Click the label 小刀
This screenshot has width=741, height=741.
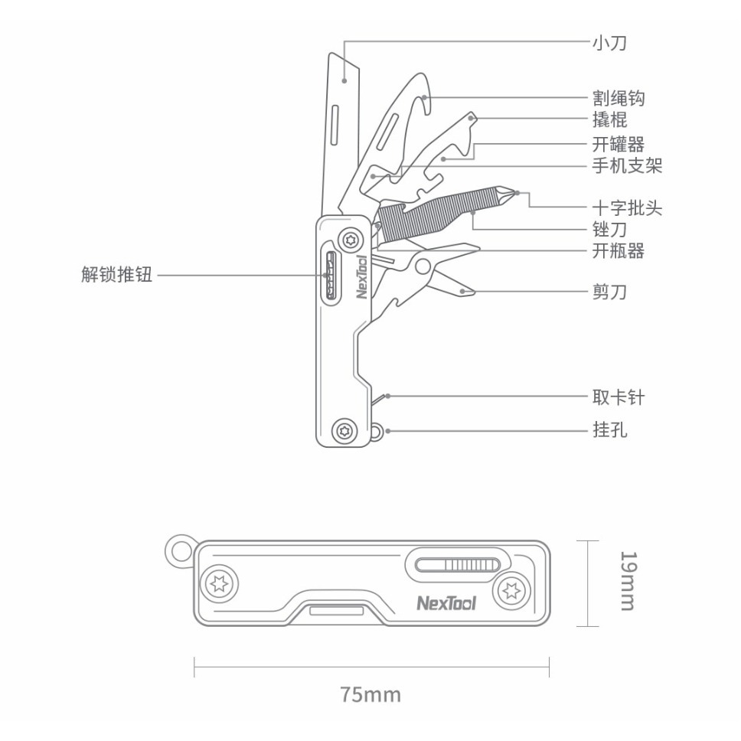pos(609,43)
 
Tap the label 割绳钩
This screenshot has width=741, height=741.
pos(618,99)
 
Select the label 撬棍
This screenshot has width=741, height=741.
pos(609,120)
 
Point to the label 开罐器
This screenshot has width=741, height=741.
pos(618,145)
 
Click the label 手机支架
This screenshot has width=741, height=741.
pos(627,165)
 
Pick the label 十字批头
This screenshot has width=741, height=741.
pos(627,208)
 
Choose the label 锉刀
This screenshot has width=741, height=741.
pos(609,229)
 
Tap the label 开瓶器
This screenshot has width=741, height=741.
pos(618,250)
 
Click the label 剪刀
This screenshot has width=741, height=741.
pos(609,292)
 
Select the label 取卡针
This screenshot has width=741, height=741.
pos(618,397)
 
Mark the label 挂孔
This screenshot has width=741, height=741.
pos(609,431)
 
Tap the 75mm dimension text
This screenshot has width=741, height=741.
pos(370,695)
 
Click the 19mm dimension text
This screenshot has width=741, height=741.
pos(627,582)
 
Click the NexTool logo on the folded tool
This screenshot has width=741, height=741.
pos(446,604)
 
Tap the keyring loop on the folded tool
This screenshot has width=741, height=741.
pos(179,550)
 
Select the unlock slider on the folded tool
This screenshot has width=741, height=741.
pos(456,566)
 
